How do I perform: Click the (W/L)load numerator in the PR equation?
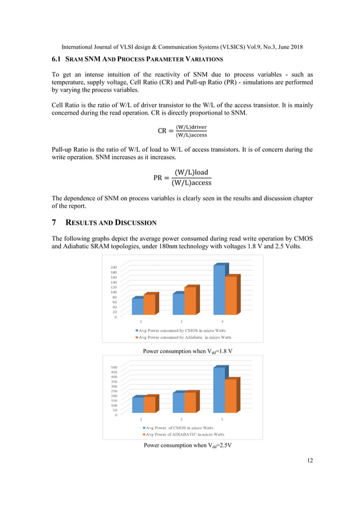[x=191, y=172]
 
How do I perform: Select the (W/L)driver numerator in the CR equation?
[x=191, y=127]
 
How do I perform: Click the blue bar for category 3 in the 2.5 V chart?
[x=218, y=390]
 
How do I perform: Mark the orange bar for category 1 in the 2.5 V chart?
[x=150, y=404]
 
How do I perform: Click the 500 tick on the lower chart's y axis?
[x=113, y=367]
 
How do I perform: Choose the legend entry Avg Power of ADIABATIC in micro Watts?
[x=184, y=435]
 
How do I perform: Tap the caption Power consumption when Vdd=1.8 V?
[x=188, y=350]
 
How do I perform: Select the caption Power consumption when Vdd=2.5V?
[x=188, y=445]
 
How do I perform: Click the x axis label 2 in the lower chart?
[x=181, y=419]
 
